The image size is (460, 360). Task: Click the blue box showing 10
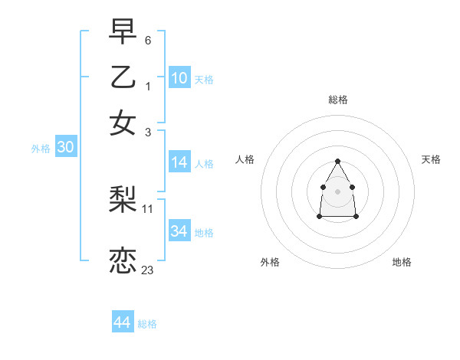point(179,78)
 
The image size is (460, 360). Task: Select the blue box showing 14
point(179,162)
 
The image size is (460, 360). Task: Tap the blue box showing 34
point(179,231)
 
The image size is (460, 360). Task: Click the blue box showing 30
point(65,148)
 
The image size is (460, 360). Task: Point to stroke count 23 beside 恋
point(147,270)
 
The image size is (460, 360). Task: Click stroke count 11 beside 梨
point(148,208)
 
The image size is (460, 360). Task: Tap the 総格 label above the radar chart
point(338,100)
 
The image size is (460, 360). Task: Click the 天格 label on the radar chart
point(431,159)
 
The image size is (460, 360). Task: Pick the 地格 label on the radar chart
point(402,263)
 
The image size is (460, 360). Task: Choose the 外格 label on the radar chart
point(270,263)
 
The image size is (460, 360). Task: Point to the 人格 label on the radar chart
point(245,159)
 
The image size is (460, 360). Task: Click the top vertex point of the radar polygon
point(337,161)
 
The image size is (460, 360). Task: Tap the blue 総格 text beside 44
point(147,324)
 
